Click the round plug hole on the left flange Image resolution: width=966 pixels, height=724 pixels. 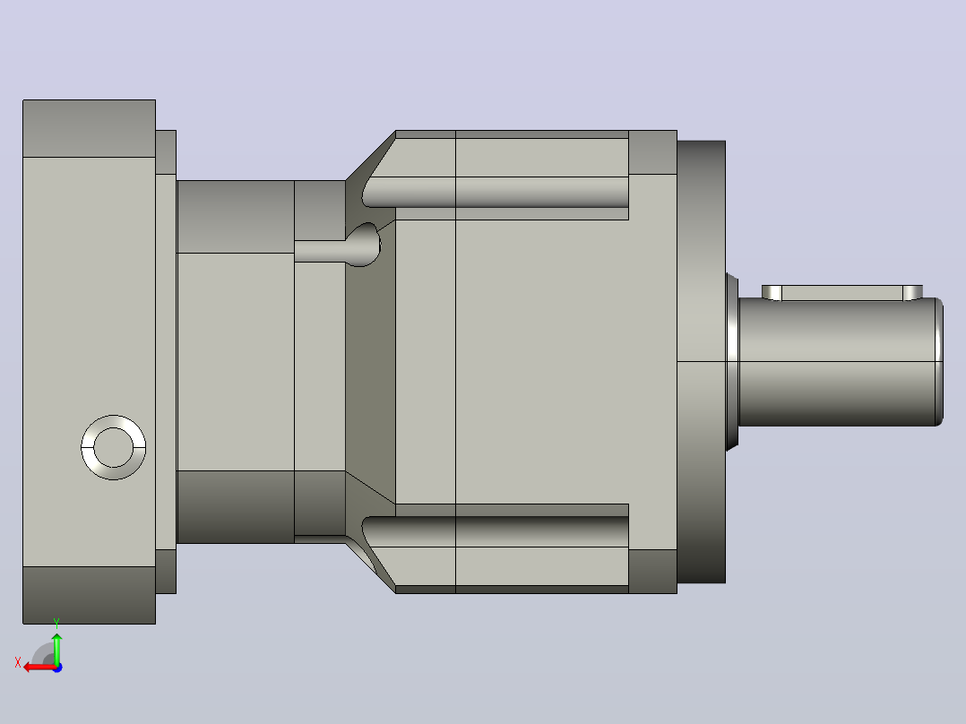click(113, 447)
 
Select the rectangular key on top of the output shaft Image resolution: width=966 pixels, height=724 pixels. click(842, 293)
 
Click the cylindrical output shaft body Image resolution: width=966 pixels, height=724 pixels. click(838, 362)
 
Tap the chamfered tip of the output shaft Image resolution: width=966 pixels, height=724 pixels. click(940, 362)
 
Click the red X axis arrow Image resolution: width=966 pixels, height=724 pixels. click(40, 667)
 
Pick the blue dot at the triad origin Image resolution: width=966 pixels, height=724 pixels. click(58, 668)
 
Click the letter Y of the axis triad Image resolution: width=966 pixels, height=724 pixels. click(56, 623)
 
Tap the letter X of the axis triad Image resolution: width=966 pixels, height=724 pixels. click(18, 662)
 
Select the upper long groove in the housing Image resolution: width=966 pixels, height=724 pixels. click(496, 192)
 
